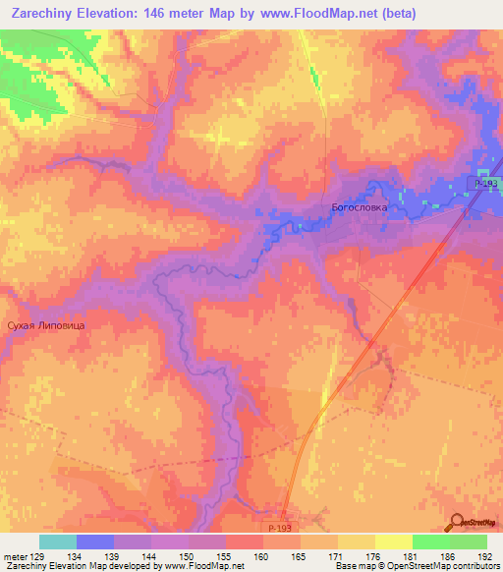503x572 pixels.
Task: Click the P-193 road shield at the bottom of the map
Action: (x=280, y=529)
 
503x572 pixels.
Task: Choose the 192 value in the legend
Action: (x=485, y=555)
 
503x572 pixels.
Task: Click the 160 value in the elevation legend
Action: (x=261, y=555)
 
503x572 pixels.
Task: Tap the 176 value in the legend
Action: (x=373, y=555)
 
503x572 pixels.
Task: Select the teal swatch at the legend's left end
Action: (x=58, y=542)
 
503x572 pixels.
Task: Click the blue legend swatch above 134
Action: (x=95, y=542)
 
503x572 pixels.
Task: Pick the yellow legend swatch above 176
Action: (x=356, y=542)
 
